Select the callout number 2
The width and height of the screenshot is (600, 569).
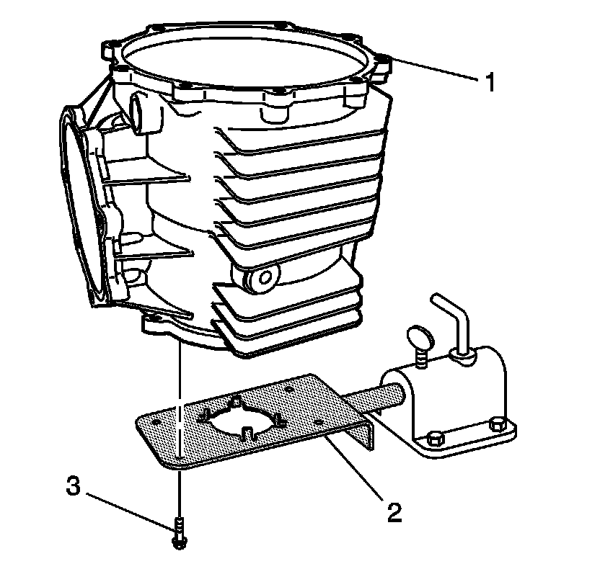pyautogui.click(x=394, y=512)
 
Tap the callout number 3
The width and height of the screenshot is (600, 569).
pyautogui.click(x=72, y=486)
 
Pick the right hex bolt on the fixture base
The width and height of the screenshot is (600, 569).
pyautogui.click(x=496, y=425)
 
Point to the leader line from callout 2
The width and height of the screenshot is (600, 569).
pyautogui.click(x=353, y=468)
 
